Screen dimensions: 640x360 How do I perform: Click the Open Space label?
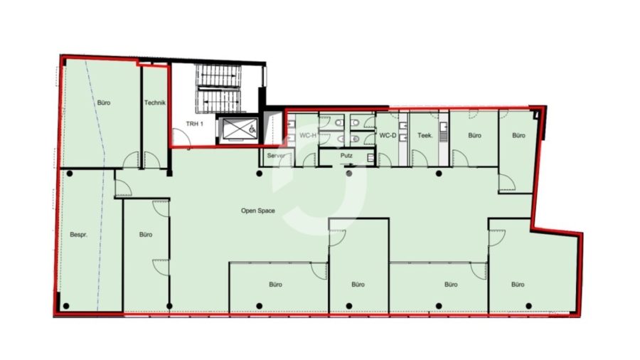click(258, 211)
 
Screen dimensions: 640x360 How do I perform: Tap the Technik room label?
click(155, 103)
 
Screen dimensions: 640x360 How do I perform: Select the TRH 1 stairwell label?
click(194, 124)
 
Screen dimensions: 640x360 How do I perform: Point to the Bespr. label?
click(79, 235)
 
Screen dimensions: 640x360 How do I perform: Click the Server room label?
click(276, 156)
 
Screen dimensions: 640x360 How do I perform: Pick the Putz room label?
click(346, 156)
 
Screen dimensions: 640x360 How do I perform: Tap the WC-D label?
click(388, 135)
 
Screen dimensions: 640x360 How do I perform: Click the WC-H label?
click(308, 135)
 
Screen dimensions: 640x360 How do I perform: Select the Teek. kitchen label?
click(425, 135)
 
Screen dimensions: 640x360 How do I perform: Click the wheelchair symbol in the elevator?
click(252, 129)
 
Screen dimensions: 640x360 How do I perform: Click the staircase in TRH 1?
click(219, 88)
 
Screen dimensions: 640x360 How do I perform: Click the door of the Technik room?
click(152, 160)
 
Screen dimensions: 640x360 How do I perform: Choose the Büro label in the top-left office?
click(104, 103)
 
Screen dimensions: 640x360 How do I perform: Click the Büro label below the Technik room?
click(146, 235)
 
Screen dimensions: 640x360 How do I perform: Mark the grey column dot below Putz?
click(349, 174)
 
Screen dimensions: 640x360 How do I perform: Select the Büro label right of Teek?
click(475, 135)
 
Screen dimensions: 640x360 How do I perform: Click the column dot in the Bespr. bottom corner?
click(66, 306)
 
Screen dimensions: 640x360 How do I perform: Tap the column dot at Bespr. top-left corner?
click(70, 174)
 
